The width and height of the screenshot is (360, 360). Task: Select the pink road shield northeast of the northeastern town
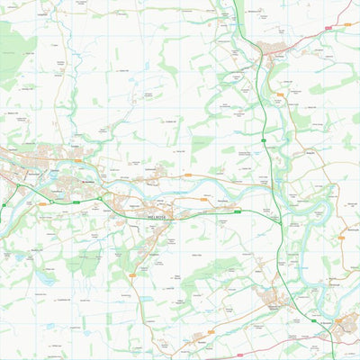pos(328,28)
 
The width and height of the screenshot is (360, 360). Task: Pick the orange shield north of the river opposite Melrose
pos(188,175)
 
